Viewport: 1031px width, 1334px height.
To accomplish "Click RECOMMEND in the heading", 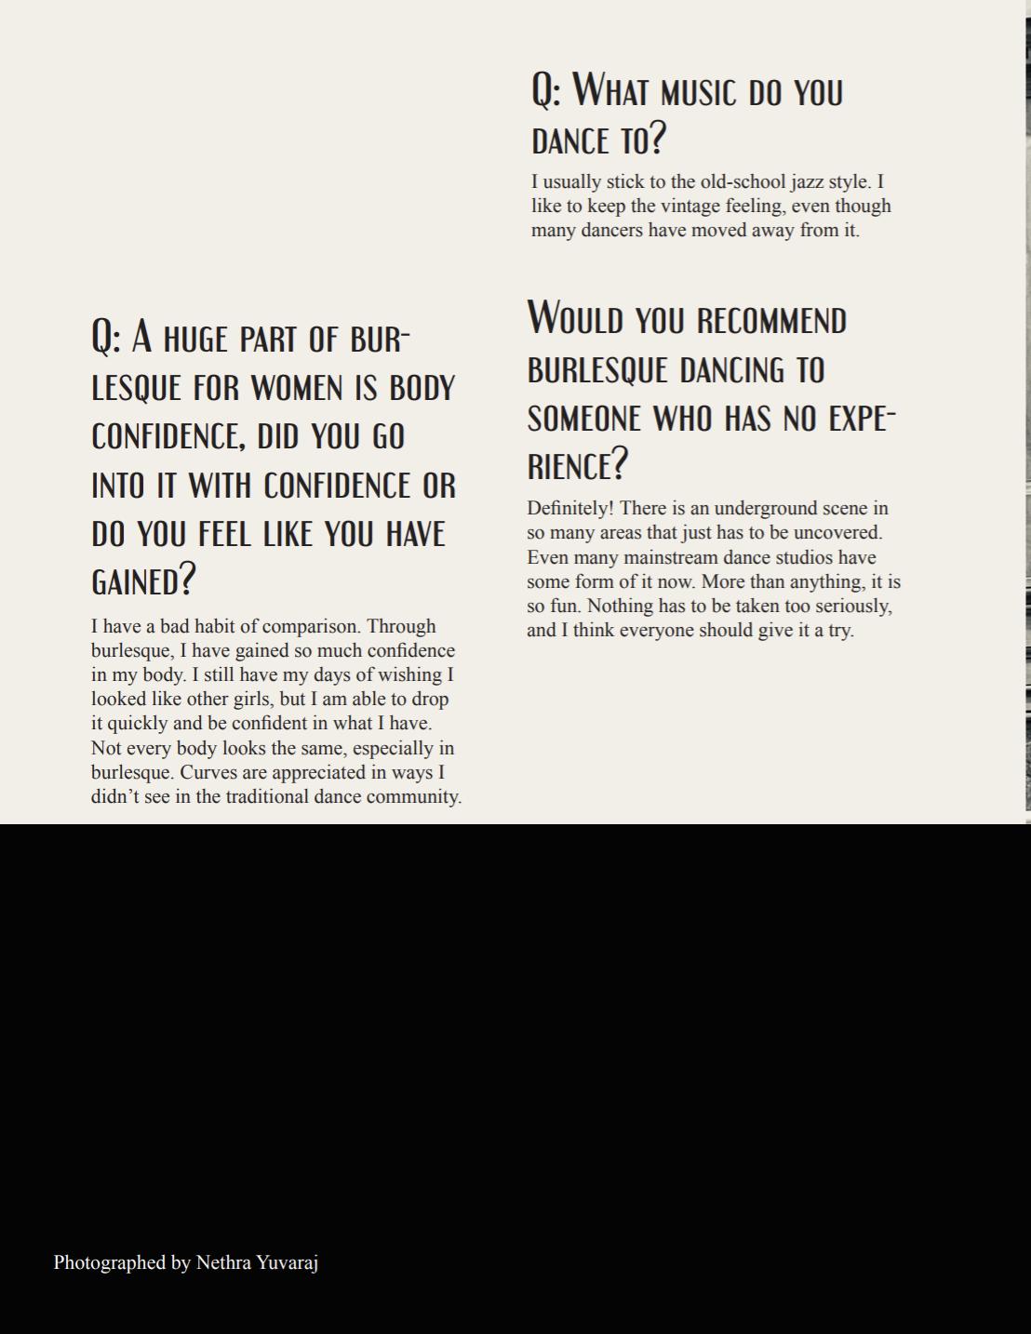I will tap(771, 321).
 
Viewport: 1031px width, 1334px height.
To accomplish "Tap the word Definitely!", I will tap(569, 508).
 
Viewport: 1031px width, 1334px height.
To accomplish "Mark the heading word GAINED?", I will tap(143, 581).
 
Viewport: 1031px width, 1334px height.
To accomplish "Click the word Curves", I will tap(210, 772).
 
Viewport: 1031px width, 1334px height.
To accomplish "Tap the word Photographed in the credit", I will tap(110, 1262).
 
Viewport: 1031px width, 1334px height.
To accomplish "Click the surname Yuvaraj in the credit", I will tap(287, 1262).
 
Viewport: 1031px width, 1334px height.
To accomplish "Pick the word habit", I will tap(210, 626).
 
